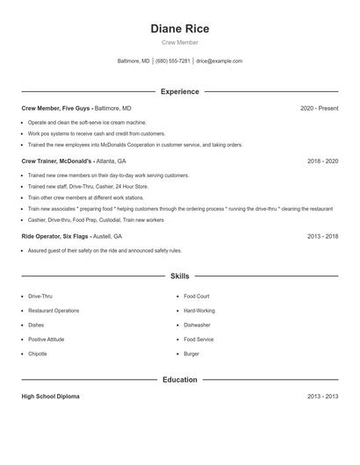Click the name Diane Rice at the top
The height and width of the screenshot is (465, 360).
coord(179,28)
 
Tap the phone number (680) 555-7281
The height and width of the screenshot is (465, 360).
coord(172,61)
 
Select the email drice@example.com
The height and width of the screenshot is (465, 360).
coord(219,61)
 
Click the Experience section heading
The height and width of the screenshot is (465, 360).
coord(179,91)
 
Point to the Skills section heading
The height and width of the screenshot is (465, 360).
coord(179,275)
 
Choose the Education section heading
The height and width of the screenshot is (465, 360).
coord(179,380)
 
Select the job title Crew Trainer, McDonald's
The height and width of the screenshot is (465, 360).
coord(59,161)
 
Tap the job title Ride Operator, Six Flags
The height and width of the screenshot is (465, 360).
coord(58,236)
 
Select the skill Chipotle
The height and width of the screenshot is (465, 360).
coord(38,354)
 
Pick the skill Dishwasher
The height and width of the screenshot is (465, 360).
coord(197,325)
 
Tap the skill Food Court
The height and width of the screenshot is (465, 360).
coord(196,297)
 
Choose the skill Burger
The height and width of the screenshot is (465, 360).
coord(191,354)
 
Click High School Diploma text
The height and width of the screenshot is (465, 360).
coord(50,397)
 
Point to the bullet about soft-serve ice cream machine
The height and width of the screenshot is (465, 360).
coord(87,122)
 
